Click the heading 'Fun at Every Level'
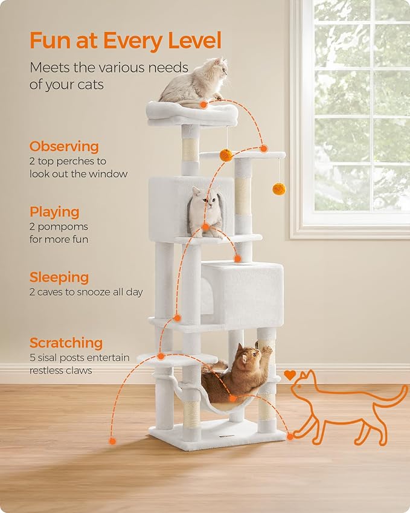point(126,41)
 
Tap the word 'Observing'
point(64,146)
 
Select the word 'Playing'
point(54,212)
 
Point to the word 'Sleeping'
point(59,277)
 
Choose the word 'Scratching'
point(66,343)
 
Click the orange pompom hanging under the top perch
point(226,155)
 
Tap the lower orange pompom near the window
point(278,189)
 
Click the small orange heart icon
point(290,375)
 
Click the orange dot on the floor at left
point(112,441)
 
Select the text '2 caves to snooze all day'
point(86,292)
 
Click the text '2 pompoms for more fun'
point(59,233)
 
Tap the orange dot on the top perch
point(204,105)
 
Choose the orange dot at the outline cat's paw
point(290,436)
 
